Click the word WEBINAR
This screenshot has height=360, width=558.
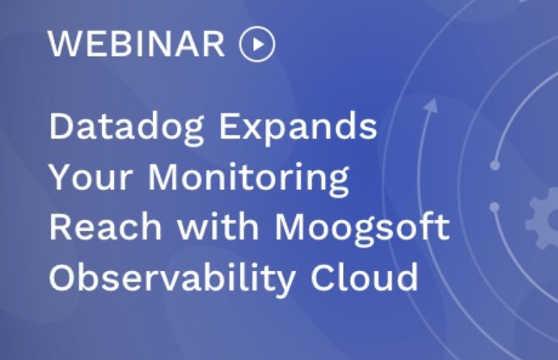[x=137, y=44]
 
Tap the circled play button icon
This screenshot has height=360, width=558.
[x=257, y=44]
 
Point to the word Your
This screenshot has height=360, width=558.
[x=91, y=178]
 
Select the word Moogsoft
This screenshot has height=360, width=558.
[x=362, y=228]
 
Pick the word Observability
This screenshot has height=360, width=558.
[x=172, y=278]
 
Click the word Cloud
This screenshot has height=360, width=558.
[x=365, y=277]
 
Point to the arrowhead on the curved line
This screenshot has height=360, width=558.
[x=432, y=106]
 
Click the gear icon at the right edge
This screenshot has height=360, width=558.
[x=542, y=218]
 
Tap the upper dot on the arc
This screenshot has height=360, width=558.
[x=495, y=165]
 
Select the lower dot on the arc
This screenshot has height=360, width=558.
[x=494, y=207]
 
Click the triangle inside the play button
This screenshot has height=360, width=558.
[x=258, y=44]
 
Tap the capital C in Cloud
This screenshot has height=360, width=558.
[x=323, y=277]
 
